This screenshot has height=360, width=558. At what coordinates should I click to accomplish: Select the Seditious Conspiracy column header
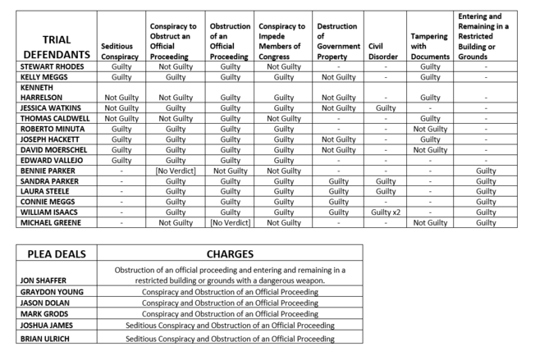tap(119, 52)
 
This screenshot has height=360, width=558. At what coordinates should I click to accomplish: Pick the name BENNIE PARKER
tap(44, 171)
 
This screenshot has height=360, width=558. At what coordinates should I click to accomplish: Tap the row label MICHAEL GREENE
tap(48, 222)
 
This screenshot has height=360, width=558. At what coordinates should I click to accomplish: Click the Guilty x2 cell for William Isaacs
tap(386, 212)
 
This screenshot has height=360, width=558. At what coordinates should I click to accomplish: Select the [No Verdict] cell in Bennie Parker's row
tap(175, 171)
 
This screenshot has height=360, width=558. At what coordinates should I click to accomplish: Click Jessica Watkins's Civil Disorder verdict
tap(386, 107)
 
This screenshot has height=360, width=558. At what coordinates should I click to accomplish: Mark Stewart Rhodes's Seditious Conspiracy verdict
tap(121, 66)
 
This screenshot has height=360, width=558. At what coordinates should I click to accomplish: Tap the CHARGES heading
tap(229, 254)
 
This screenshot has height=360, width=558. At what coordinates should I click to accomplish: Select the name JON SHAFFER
tap(43, 280)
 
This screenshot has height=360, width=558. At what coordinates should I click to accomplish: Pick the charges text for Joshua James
tap(229, 326)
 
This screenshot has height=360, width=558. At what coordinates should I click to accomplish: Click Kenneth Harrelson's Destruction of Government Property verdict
tap(338, 98)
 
